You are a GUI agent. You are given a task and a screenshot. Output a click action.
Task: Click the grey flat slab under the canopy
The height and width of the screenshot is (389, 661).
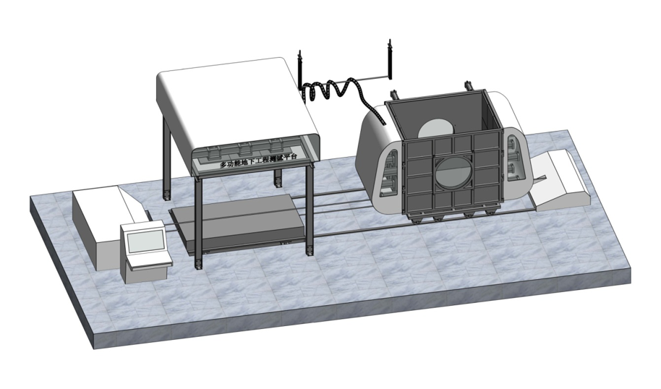[231, 224]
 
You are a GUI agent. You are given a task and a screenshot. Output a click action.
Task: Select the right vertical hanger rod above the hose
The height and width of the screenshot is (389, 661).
[390, 58]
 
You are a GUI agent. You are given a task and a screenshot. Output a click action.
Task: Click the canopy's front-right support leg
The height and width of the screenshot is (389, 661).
[310, 210]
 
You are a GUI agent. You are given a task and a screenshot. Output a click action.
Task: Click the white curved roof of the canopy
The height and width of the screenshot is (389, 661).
[231, 101]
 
